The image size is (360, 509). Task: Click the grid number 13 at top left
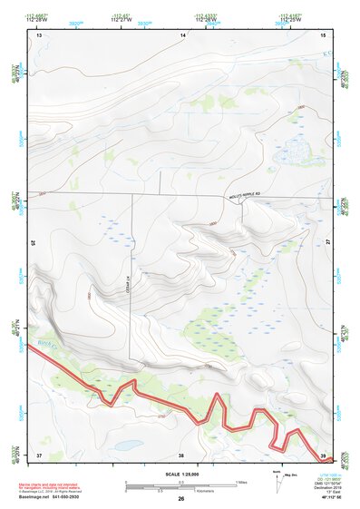coord(39,34)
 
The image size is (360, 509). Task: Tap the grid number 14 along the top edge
coord(182,34)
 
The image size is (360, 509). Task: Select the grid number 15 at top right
coord(324,34)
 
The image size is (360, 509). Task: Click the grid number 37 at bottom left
coord(39,455)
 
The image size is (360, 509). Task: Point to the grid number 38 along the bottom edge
coord(181,455)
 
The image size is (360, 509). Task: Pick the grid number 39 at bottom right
coord(323,455)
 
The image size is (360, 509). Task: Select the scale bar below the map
coord(181,487)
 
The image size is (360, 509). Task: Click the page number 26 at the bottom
coord(181,499)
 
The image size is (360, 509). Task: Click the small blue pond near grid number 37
coord(128,445)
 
